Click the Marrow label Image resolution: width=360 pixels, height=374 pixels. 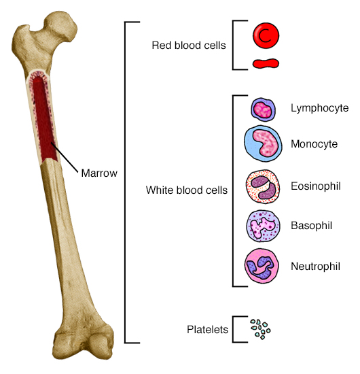click(x=99, y=173)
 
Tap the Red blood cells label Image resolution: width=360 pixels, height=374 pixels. click(x=190, y=46)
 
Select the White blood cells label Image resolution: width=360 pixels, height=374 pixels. click(x=187, y=190)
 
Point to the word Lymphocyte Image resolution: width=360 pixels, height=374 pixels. click(x=319, y=107)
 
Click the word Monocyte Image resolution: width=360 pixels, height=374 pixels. click(x=314, y=143)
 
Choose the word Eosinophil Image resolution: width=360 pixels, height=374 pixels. click(x=317, y=184)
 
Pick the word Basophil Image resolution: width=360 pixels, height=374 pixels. click(x=311, y=224)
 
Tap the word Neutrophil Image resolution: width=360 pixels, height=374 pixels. click(x=316, y=265)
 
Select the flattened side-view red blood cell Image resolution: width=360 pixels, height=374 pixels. click(x=266, y=64)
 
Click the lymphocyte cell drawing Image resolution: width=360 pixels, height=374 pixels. click(x=262, y=108)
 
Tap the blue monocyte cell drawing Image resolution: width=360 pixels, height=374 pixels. click(x=262, y=143)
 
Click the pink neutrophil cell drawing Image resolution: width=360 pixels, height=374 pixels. click(x=262, y=265)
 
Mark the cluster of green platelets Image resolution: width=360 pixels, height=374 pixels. click(x=259, y=329)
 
